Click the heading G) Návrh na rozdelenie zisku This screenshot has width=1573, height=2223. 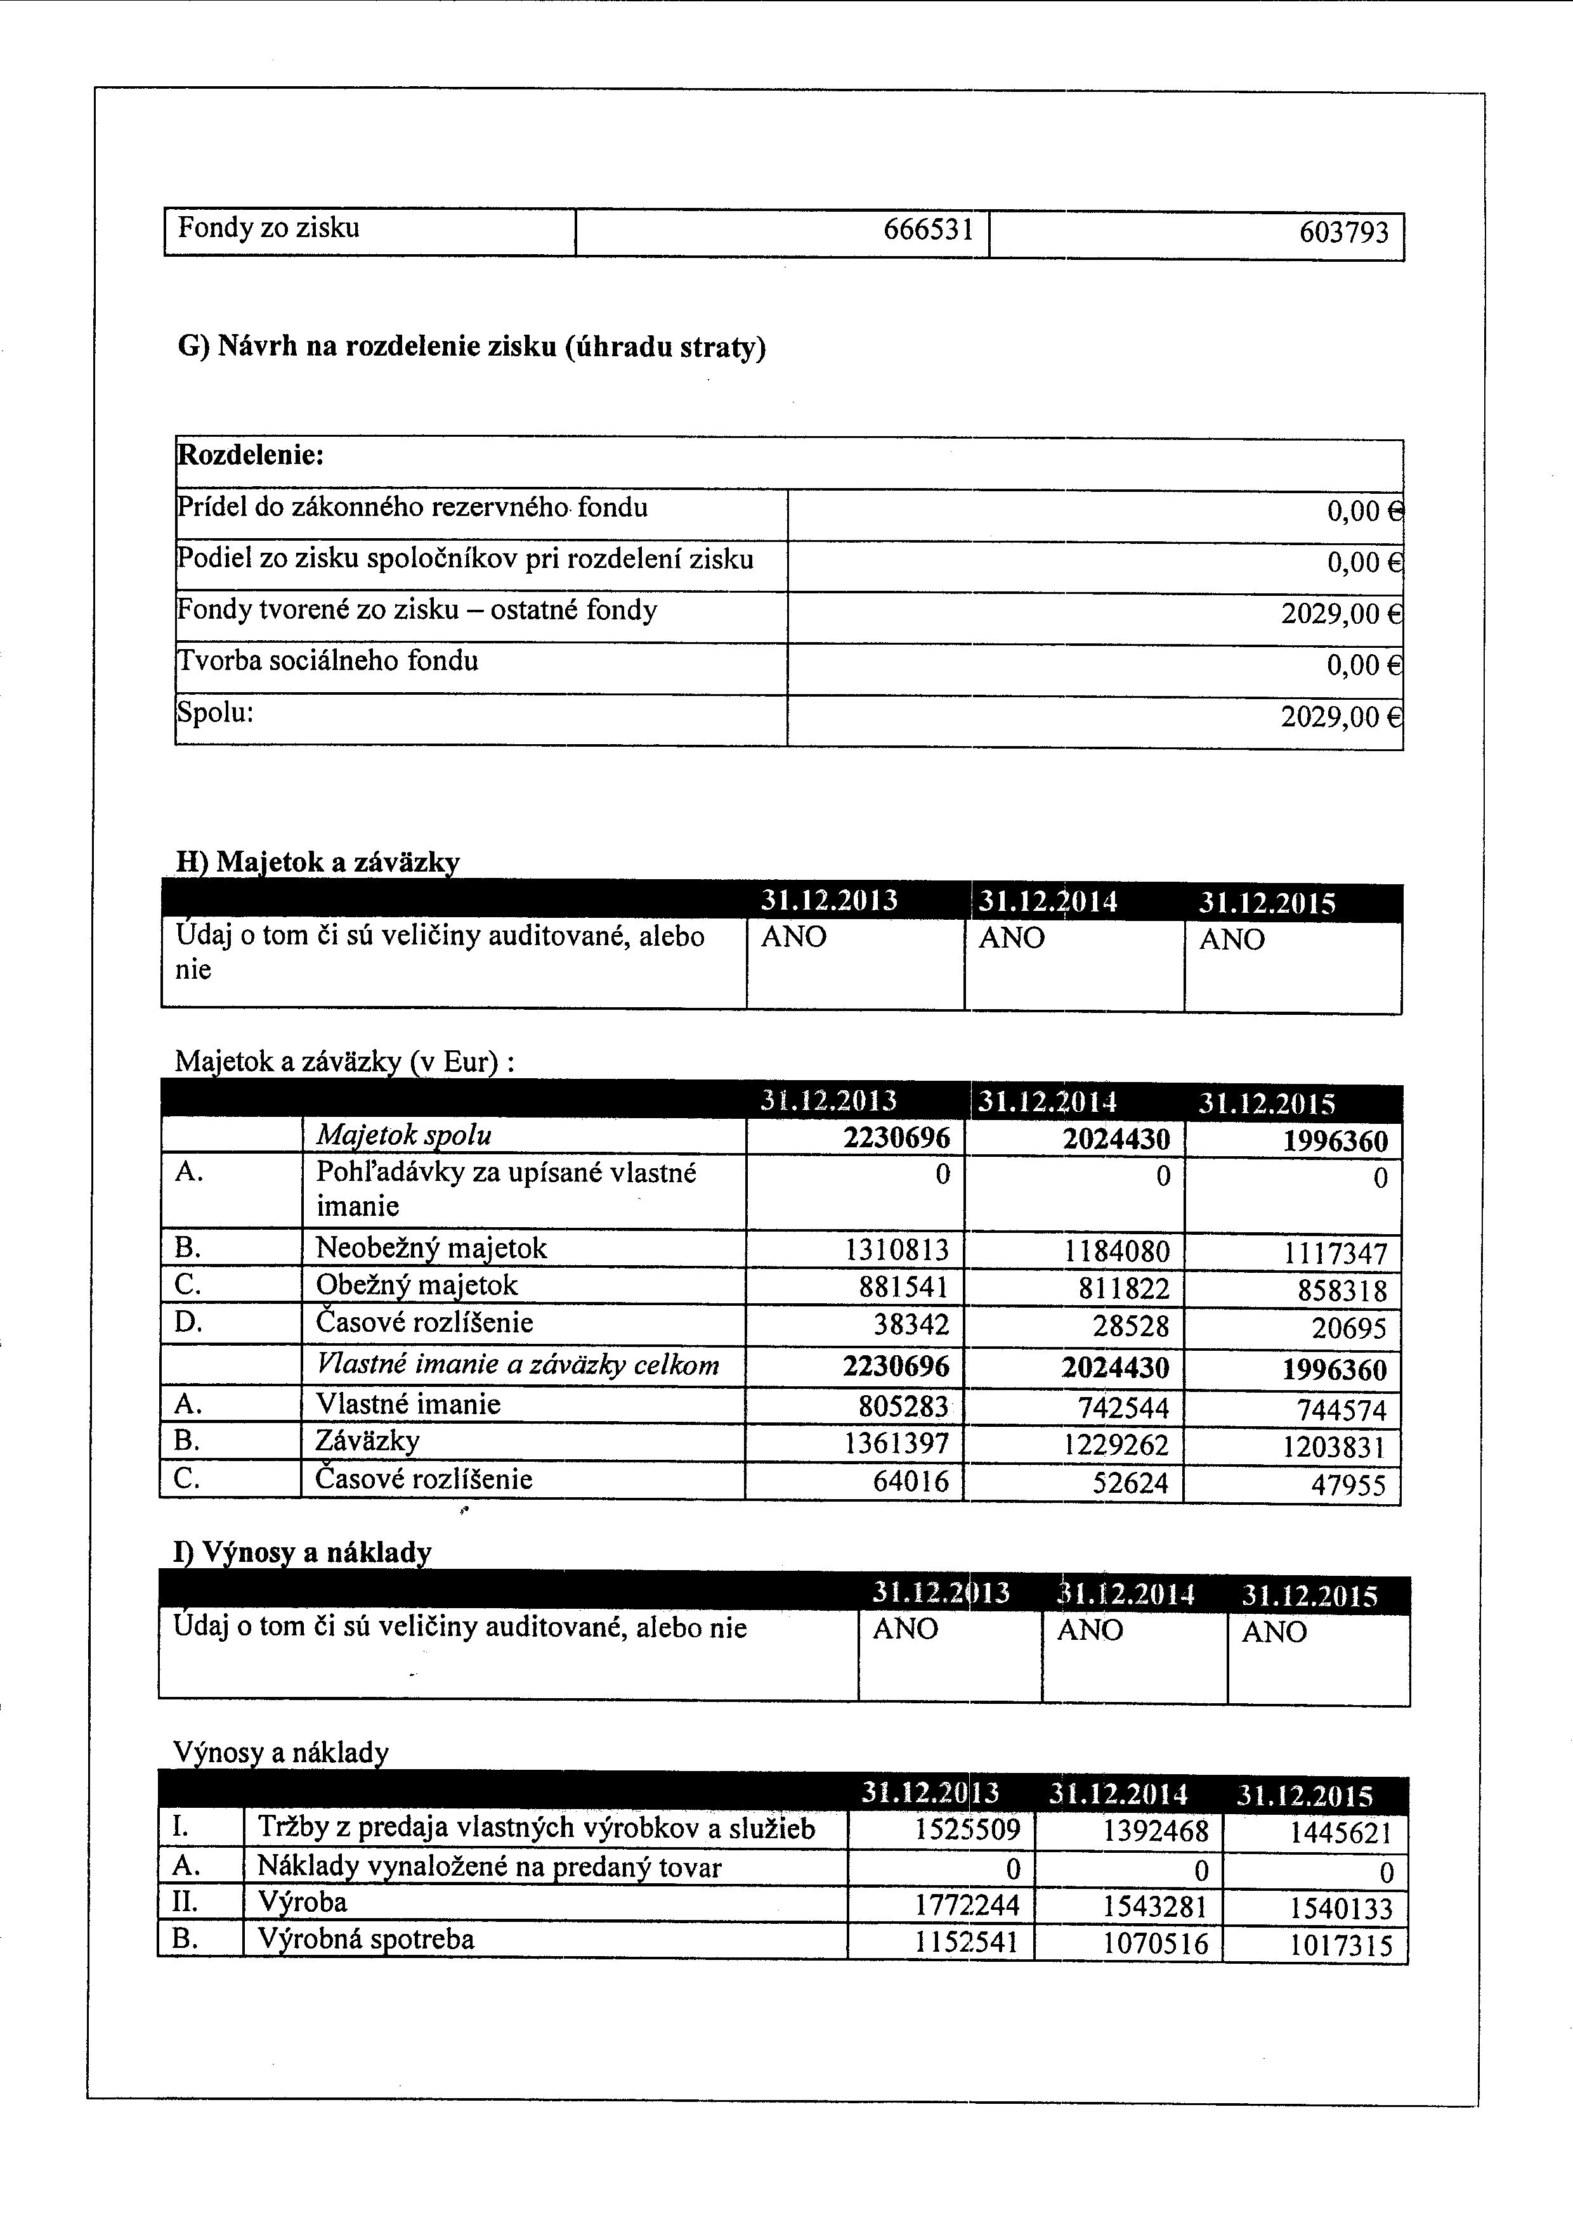click(x=472, y=345)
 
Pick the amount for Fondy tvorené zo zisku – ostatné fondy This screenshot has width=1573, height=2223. click(x=1340, y=614)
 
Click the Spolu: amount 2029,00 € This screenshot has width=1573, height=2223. click(x=1340, y=718)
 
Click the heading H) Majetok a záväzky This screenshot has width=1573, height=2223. click(x=318, y=861)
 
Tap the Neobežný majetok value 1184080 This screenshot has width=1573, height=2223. click(x=1117, y=1252)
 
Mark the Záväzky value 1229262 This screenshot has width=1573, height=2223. click(x=1117, y=1445)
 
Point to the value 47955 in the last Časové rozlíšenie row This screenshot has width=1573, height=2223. click(x=1348, y=1485)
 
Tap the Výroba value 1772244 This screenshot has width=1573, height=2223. click(x=967, y=1905)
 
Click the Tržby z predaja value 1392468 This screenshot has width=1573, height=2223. click(x=1156, y=1831)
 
